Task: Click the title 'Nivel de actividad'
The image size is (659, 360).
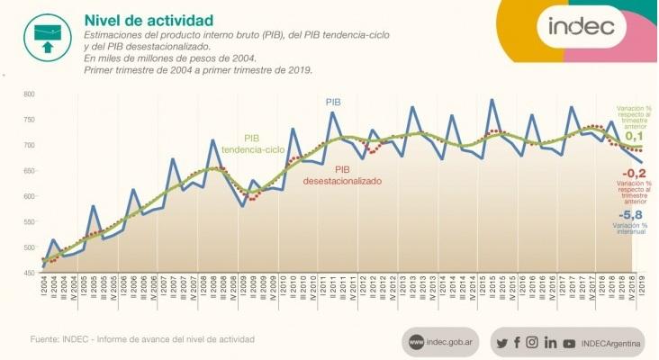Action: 136,20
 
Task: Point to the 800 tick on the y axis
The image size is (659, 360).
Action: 30,94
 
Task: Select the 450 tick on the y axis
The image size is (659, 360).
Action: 30,274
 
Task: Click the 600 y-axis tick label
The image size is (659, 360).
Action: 30,197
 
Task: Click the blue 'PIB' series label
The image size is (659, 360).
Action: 334,103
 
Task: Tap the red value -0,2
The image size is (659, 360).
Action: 633,174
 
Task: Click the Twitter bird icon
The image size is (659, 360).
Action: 502,342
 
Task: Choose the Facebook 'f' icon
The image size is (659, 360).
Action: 517,342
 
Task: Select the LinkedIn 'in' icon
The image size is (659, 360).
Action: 550,342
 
